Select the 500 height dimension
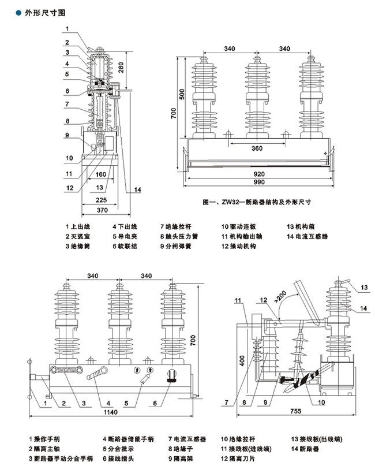point(181,96)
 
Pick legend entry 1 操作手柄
point(48,439)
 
